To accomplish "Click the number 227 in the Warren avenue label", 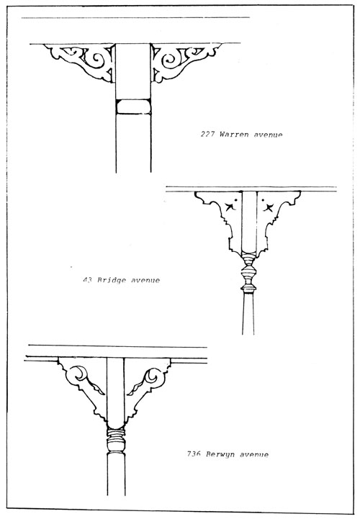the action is (x=207, y=134).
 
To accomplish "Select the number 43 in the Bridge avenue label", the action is (x=87, y=280).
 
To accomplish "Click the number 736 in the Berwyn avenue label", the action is (x=194, y=453).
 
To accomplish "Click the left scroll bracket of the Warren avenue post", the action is (x=81, y=62).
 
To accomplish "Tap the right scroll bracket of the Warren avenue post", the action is (x=186, y=62).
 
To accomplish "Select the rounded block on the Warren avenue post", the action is (x=133, y=107).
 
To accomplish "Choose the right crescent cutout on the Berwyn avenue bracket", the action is (x=152, y=374).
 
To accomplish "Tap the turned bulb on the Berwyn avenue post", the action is (x=116, y=444).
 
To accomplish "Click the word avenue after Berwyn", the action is (x=254, y=454).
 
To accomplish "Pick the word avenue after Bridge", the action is (x=145, y=280).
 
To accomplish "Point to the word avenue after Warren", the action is (x=269, y=135).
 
